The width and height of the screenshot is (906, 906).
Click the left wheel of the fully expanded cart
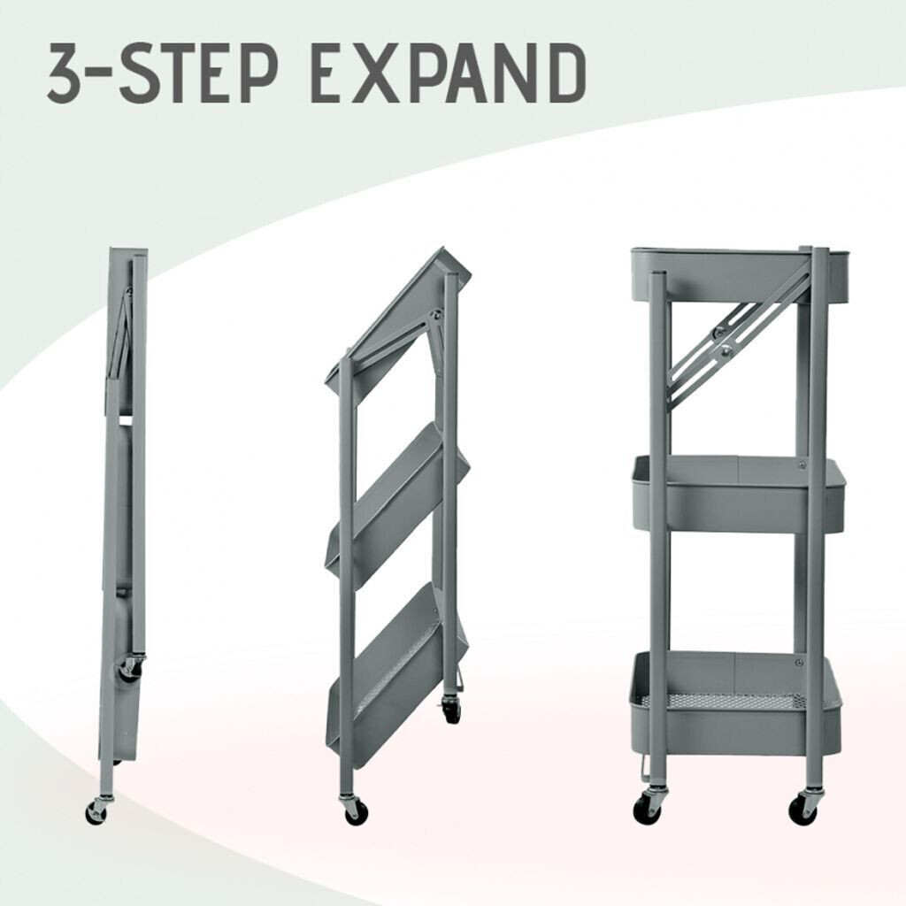click(646, 807)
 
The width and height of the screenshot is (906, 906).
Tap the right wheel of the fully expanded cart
click(803, 807)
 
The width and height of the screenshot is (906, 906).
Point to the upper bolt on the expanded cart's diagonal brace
click(718, 332)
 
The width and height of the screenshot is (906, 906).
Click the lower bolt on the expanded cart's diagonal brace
click(726, 349)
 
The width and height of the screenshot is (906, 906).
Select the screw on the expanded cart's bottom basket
click(799, 663)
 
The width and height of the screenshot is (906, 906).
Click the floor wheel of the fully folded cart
click(96, 811)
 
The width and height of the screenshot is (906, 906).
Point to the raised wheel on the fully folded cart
click(128, 670)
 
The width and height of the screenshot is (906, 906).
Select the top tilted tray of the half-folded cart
click(400, 324)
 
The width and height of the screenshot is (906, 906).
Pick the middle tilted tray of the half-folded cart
click(397, 503)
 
